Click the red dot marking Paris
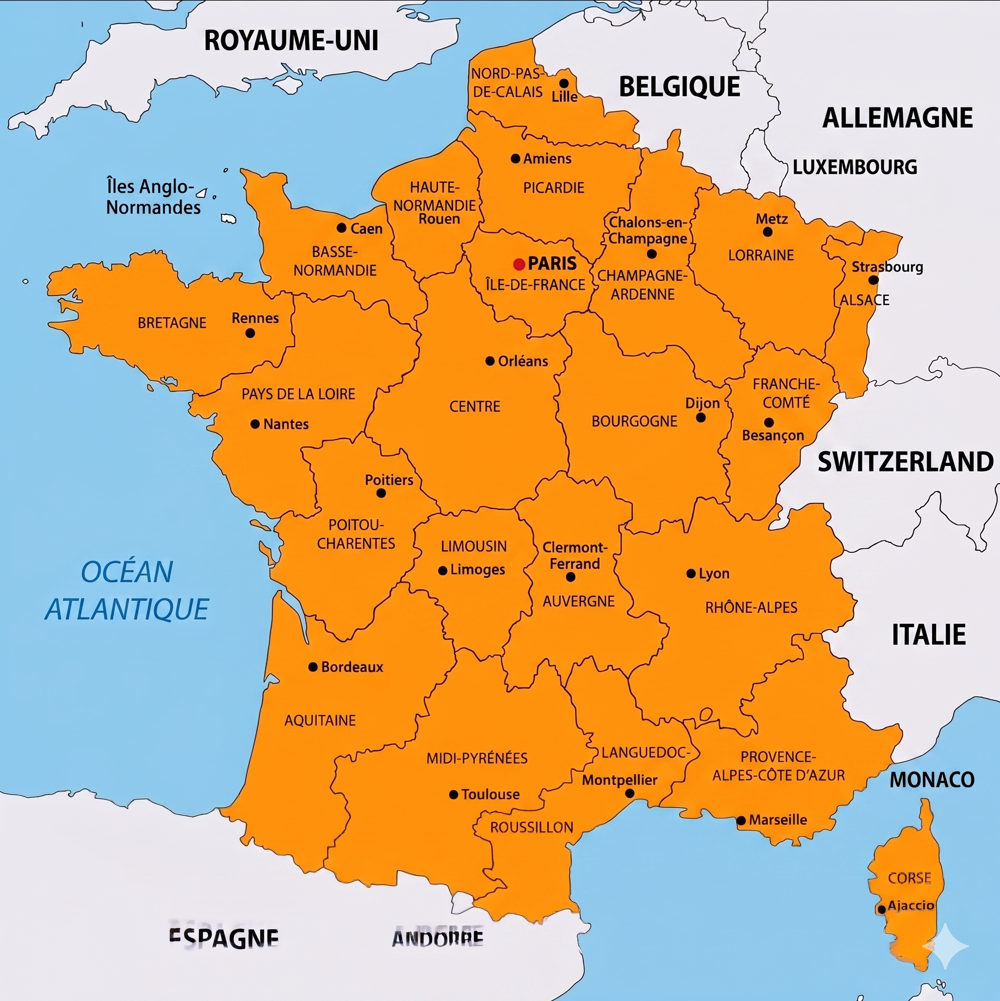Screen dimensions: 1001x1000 tap(519, 264)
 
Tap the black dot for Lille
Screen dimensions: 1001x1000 tap(564, 83)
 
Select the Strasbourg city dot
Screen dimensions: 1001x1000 tap(873, 280)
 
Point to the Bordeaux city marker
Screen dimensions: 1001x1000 tap(313, 667)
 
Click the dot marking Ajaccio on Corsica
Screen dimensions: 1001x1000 tap(881, 909)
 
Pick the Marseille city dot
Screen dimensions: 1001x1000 tap(741, 820)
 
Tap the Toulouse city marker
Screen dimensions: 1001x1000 tap(453, 794)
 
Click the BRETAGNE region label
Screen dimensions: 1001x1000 tap(172, 323)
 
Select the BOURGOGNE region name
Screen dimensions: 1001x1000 tap(634, 421)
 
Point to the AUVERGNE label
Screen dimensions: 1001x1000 tap(578, 601)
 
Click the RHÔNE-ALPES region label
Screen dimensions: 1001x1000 tap(751, 607)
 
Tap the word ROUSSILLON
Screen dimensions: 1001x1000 tap(532, 828)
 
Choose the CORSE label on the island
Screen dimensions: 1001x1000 tap(909, 877)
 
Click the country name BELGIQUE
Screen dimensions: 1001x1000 tap(679, 86)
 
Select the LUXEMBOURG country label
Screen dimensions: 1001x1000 tap(855, 167)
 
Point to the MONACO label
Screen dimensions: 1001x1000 tap(932, 780)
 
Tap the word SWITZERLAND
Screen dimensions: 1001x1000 tap(905, 461)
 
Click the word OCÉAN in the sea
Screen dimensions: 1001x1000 tap(127, 572)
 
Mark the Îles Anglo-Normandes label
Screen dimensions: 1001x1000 tap(153, 197)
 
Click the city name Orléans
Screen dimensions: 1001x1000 tap(523, 361)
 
